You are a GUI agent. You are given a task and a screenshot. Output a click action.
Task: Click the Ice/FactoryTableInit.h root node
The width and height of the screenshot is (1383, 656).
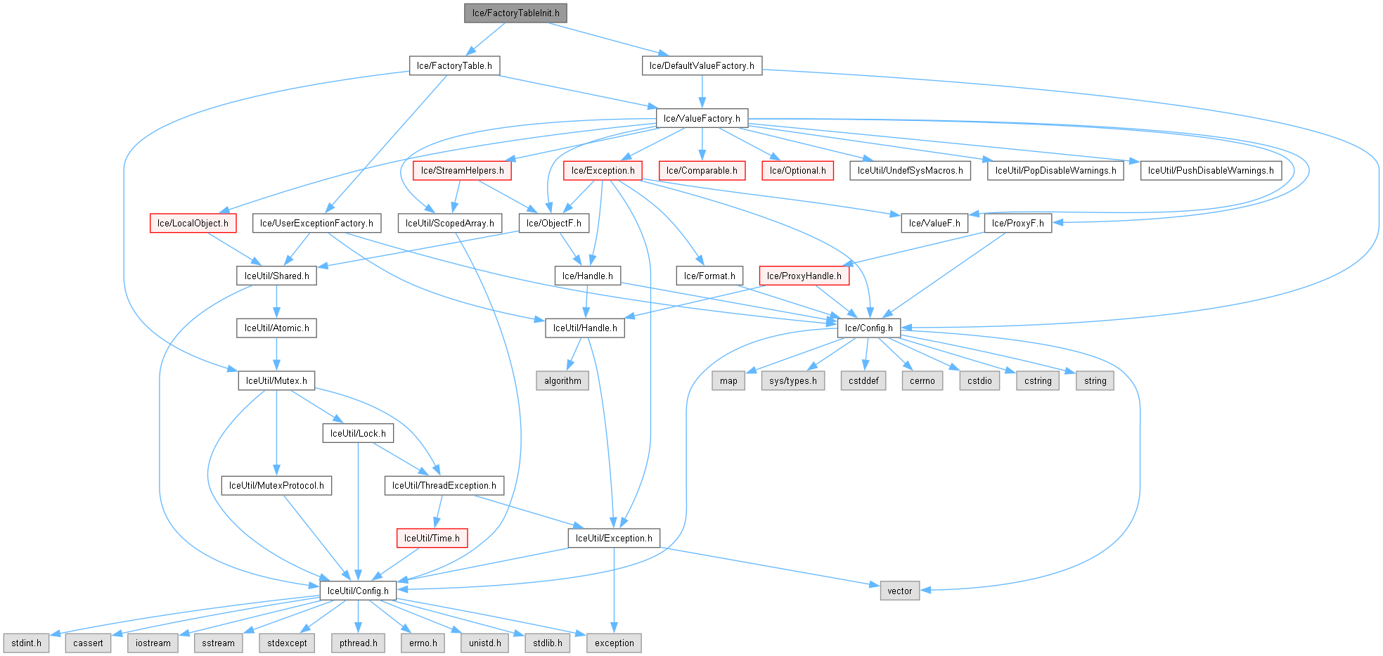(x=515, y=13)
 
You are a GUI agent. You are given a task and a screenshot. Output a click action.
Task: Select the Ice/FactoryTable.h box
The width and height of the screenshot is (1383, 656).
(x=454, y=65)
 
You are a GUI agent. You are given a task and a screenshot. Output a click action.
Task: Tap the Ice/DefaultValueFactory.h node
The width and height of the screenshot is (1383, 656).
(x=701, y=65)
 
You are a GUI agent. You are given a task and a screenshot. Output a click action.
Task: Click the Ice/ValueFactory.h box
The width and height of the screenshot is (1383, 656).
(x=701, y=118)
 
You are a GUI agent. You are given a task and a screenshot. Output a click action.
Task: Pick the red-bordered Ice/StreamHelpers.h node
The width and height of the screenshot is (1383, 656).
(x=462, y=170)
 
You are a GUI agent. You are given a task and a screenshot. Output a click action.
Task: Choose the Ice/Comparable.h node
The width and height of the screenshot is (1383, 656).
(x=701, y=170)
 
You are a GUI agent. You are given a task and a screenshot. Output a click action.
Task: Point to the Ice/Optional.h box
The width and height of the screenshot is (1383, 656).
(x=797, y=170)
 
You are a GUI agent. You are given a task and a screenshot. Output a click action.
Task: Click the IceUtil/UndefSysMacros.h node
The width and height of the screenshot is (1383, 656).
(x=910, y=170)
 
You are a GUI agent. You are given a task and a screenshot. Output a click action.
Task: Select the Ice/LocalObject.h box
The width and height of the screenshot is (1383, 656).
(x=193, y=223)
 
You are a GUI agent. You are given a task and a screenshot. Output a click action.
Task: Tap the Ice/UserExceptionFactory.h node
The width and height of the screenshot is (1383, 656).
(x=316, y=223)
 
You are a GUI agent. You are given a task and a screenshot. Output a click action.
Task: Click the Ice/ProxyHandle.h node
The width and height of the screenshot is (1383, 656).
(x=804, y=276)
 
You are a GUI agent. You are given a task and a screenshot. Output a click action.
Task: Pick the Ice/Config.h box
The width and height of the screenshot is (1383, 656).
(x=868, y=328)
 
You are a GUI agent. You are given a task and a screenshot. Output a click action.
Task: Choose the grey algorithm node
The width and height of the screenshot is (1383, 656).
(x=562, y=380)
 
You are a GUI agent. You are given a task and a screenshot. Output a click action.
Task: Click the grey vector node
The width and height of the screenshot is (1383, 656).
(x=899, y=591)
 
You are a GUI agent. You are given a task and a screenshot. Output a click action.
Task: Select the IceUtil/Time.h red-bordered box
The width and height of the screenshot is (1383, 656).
(x=432, y=538)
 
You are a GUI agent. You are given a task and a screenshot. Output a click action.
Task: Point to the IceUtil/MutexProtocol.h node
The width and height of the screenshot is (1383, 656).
(x=276, y=485)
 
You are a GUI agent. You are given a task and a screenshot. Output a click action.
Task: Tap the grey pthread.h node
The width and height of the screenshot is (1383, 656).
(x=358, y=643)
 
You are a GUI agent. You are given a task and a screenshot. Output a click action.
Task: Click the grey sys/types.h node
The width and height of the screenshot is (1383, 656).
(x=792, y=380)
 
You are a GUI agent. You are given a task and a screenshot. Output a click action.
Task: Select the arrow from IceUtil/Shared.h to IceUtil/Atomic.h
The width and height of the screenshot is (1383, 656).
(x=276, y=302)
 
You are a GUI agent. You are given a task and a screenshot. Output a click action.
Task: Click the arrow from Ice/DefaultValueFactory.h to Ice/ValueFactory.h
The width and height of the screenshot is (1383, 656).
(x=701, y=91)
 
